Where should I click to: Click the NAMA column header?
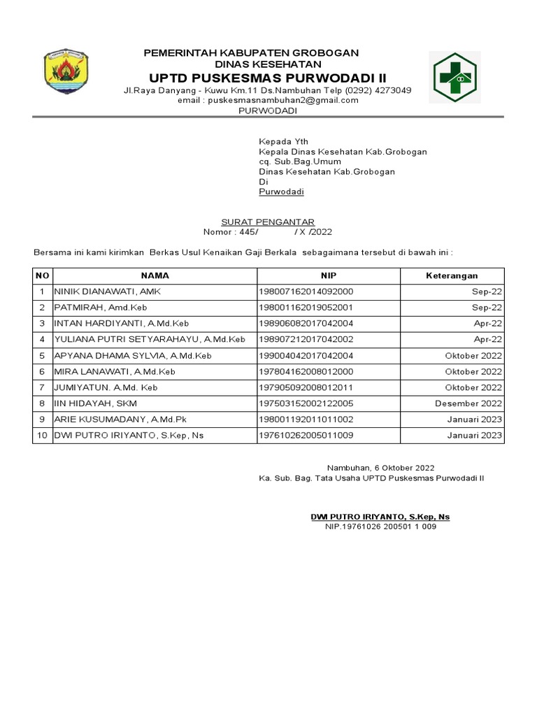[155, 276]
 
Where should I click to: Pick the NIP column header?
[329, 276]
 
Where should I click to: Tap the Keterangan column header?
[452, 276]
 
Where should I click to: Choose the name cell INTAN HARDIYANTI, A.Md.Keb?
[122, 324]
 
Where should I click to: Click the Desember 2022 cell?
[468, 403]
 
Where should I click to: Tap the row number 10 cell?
[42, 436]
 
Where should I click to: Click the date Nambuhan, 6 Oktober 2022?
[381, 468]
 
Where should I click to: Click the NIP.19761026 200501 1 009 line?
[380, 527]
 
